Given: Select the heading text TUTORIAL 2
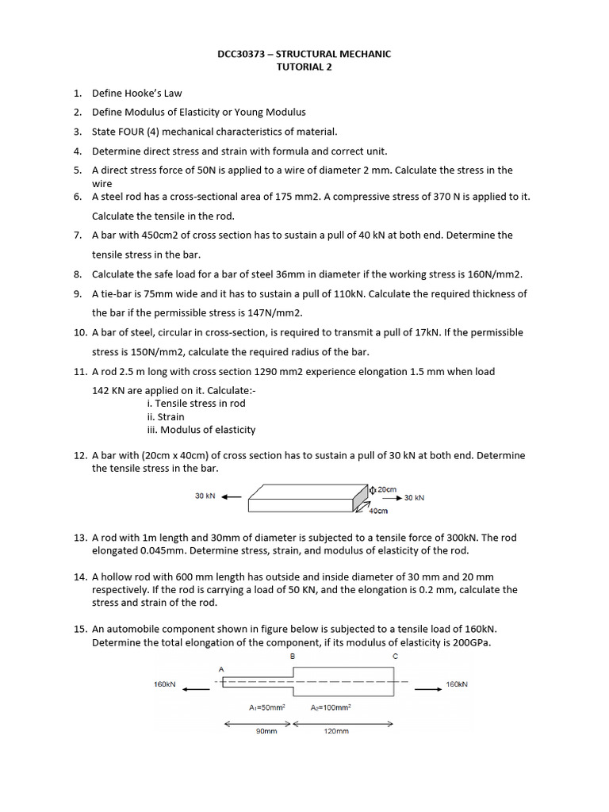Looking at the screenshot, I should tap(304, 67).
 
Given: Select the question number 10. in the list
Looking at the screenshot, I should tap(80, 332).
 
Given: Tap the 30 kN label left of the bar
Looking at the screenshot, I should tap(205, 496).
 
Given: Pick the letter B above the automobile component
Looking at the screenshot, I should tap(293, 657).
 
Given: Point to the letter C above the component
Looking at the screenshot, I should tap(394, 657).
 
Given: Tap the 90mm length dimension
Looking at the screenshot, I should tap(266, 731).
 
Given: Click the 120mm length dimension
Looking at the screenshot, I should tap(337, 731).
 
